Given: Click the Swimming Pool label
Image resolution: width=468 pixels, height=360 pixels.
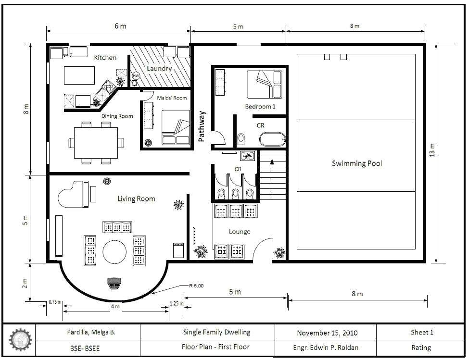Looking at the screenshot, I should pos(357,163).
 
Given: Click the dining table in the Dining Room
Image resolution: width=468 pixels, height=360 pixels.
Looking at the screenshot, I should pos(96,142).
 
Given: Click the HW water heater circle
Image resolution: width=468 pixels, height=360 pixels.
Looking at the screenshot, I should pos(136,76).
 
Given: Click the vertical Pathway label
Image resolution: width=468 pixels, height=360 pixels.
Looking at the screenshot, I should pos(202,127).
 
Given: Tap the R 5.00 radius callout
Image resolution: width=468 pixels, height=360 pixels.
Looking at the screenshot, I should pos(196,286).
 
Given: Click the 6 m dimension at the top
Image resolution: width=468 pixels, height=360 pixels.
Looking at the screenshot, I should pos(120,26).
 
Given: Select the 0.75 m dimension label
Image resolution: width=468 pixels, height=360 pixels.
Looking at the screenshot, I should pos(55,302).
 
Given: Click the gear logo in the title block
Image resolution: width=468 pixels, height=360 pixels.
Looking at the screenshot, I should pos(19,339).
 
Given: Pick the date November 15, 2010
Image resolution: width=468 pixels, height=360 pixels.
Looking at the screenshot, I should pos(327,333).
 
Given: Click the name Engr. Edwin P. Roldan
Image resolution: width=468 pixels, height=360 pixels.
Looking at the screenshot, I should pos(325,348).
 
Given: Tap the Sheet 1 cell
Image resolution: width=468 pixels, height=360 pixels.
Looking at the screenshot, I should pos(422,332).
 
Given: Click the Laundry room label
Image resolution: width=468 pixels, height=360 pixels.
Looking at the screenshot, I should pos(159,69).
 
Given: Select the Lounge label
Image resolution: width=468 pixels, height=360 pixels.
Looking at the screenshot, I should pos(240,232).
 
